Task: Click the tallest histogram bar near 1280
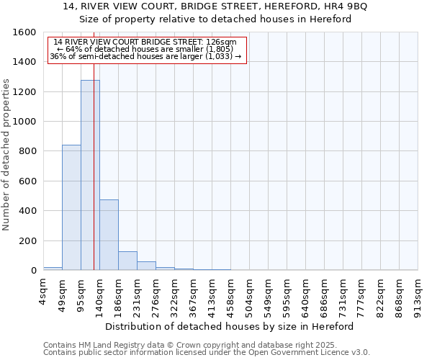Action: (x=89, y=175)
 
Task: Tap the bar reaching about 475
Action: (x=109, y=235)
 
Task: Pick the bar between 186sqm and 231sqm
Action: (x=127, y=261)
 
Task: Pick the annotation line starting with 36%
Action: (x=146, y=56)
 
